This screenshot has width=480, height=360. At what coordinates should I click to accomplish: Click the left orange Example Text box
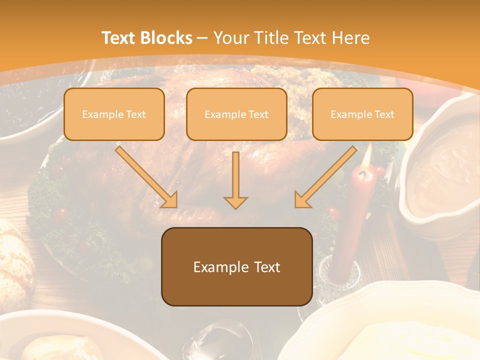pos(114,114)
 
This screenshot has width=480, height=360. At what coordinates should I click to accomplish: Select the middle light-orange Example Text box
pos(236,114)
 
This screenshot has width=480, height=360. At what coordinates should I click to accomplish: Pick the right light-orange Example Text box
pos(362,114)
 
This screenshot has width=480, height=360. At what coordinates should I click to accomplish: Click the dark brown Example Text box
pos(236,266)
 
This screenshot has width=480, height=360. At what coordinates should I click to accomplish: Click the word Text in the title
pos(120,38)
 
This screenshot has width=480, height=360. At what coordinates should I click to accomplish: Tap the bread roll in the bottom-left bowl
pos(60,347)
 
